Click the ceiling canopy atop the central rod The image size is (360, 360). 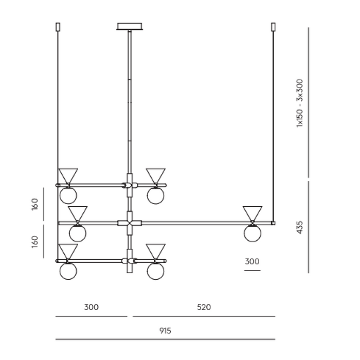(x=130, y=26)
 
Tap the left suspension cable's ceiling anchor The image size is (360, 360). (x=58, y=27)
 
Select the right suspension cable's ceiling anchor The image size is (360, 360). (x=273, y=27)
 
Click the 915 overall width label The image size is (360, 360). (x=165, y=331)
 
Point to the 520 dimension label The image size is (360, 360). (x=204, y=308)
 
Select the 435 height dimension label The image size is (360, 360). (x=300, y=227)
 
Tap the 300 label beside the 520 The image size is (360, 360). (x=91, y=308)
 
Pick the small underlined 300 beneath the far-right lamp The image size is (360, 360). (x=252, y=262)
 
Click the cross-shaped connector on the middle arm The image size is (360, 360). (x=130, y=223)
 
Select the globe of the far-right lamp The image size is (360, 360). (x=253, y=233)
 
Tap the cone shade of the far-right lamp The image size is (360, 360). (x=253, y=213)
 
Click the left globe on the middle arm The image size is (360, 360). (x=78, y=233)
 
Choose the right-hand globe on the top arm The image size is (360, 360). (x=155, y=195)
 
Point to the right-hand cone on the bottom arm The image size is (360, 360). (x=155, y=251)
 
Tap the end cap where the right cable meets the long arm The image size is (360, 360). (x=273, y=223)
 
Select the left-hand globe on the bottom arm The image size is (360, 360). (x=68, y=271)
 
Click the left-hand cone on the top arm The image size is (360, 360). (x=68, y=175)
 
